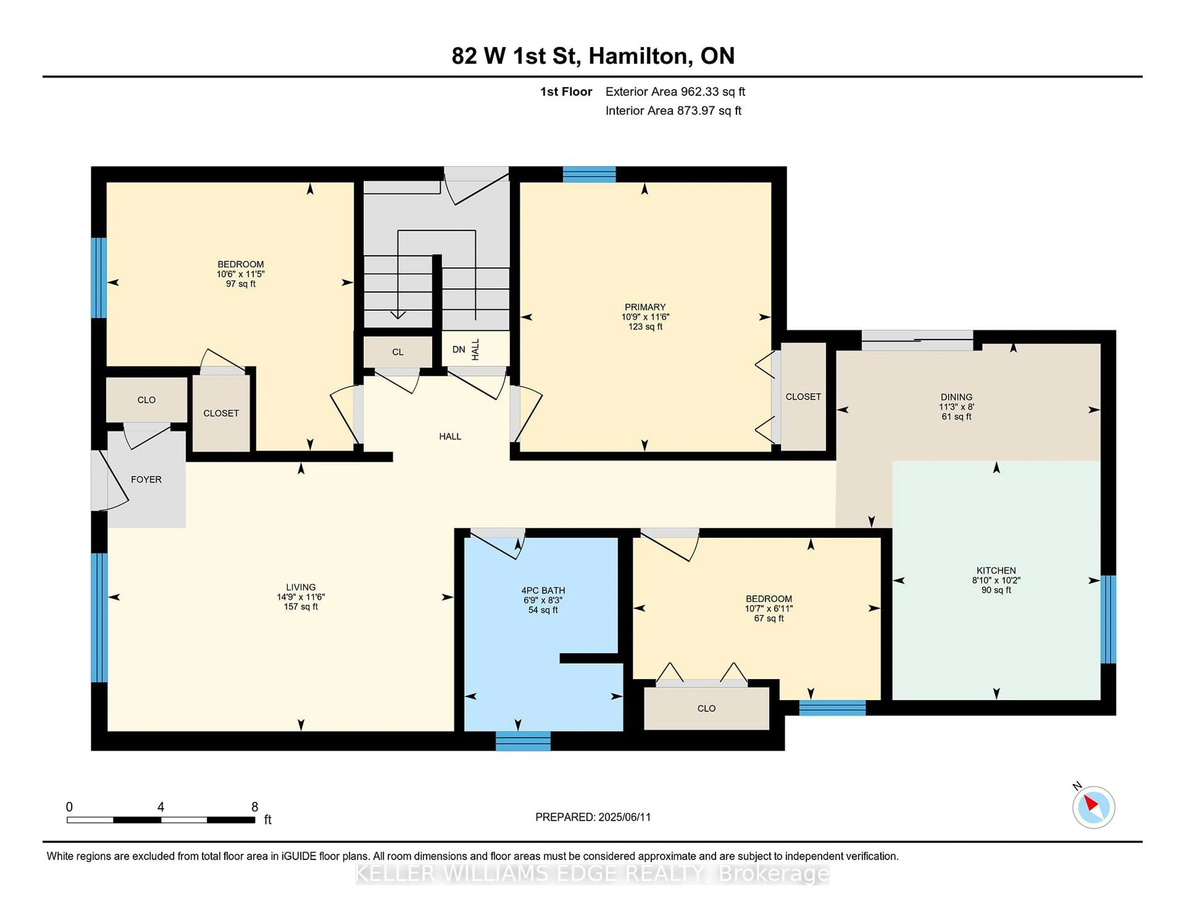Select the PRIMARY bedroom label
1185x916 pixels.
[x=645, y=307]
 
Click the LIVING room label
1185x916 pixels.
[x=301, y=587]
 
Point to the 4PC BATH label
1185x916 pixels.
[x=543, y=590]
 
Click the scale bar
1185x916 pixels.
[x=161, y=820]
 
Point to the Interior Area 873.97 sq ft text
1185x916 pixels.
[x=673, y=111]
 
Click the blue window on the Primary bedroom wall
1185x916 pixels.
[x=589, y=174]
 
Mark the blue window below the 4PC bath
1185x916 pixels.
[x=523, y=741]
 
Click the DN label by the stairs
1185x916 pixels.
[x=459, y=349]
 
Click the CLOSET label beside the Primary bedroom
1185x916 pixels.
[x=803, y=397]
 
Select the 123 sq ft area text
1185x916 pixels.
[x=645, y=327]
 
